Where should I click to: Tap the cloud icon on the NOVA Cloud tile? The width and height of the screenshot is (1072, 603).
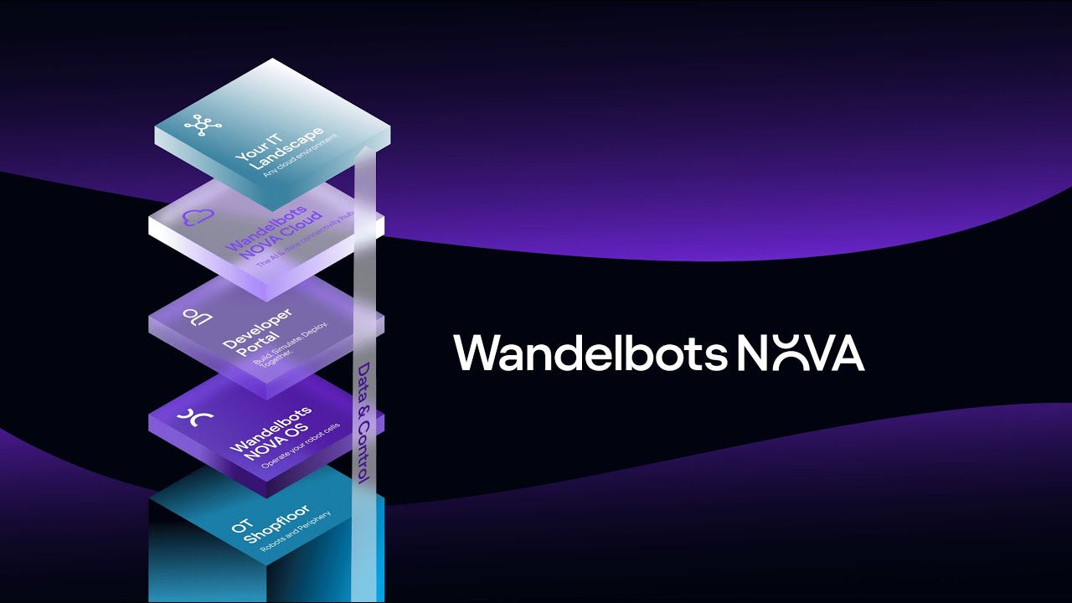pyautogui.click(x=199, y=218)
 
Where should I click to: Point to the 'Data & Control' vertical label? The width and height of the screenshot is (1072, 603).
pyautogui.click(x=363, y=422)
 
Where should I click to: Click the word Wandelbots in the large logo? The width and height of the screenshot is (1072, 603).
pyautogui.click(x=590, y=353)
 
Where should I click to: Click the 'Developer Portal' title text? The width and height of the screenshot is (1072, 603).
pyautogui.click(x=260, y=330)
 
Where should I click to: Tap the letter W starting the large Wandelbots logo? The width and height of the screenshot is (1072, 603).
pyautogui.click(x=476, y=353)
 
